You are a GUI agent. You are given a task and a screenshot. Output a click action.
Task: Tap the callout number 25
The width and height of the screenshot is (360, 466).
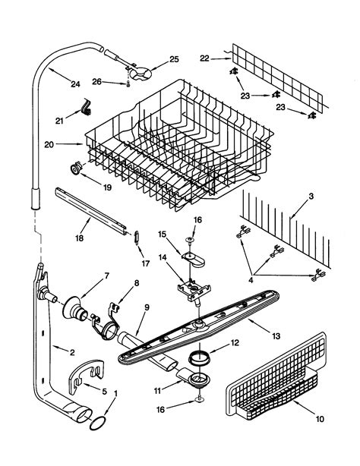[x=174, y=59]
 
